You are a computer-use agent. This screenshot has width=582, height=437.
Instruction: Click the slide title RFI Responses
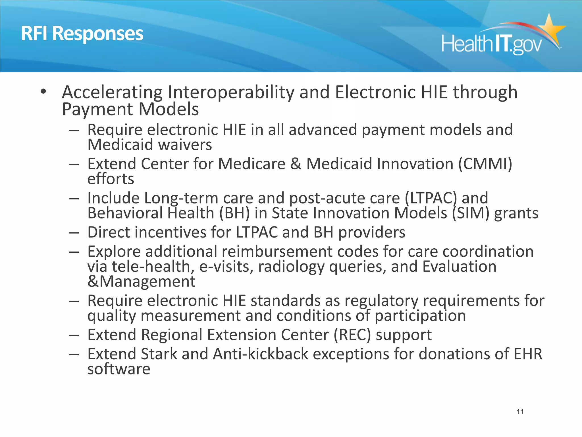point(82,34)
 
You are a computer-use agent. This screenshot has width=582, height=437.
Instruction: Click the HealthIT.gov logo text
point(492,44)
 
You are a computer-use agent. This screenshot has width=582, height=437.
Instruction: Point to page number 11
point(520,411)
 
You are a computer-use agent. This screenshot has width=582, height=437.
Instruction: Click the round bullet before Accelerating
point(43,92)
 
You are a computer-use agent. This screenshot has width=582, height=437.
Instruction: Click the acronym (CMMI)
point(485,164)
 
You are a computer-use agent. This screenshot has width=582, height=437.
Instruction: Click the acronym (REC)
point(352,335)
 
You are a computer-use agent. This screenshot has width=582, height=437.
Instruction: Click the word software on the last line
point(119,369)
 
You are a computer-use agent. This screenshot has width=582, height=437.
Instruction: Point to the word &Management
point(141,281)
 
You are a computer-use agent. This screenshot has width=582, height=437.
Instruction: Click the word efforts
point(111,179)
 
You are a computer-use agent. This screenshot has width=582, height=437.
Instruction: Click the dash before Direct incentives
point(74,232)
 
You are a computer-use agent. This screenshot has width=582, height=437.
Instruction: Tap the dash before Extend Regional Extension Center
point(74,335)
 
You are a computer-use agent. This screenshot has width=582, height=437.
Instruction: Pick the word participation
point(420,316)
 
